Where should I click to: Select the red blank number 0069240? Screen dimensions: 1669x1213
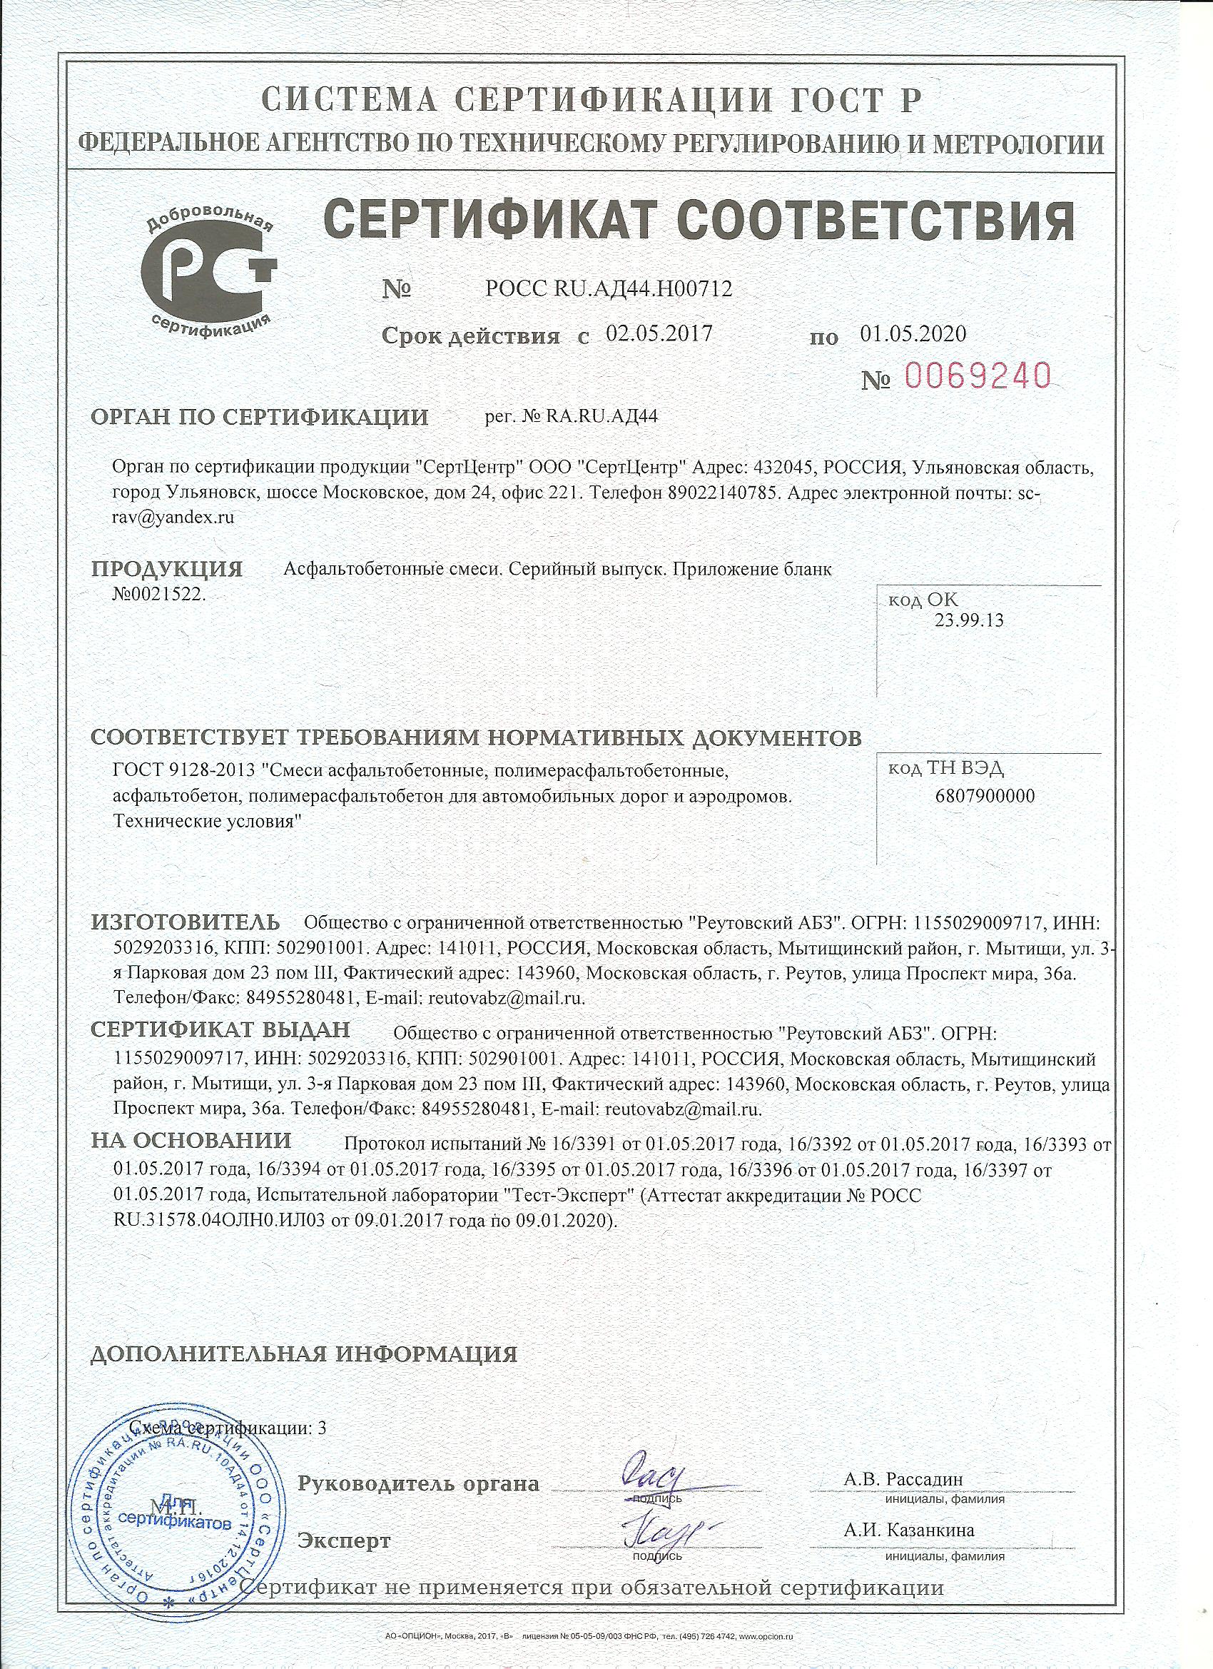click(975, 378)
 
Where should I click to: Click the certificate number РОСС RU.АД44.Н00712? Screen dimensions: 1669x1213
click(609, 289)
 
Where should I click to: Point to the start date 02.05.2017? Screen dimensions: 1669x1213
click(659, 334)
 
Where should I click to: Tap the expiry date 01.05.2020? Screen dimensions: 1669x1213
click(913, 334)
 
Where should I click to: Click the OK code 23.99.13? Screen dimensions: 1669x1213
click(969, 620)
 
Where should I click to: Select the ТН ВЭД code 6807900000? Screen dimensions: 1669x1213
click(985, 796)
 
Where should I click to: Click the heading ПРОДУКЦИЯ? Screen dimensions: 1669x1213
click(167, 570)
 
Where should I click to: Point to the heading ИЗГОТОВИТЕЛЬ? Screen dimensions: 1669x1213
click(186, 922)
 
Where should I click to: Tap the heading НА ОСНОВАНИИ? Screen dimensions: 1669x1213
click(191, 1141)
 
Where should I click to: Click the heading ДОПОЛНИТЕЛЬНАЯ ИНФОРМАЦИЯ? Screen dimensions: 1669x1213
click(304, 1354)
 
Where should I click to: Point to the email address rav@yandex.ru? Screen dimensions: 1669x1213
click(174, 517)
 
